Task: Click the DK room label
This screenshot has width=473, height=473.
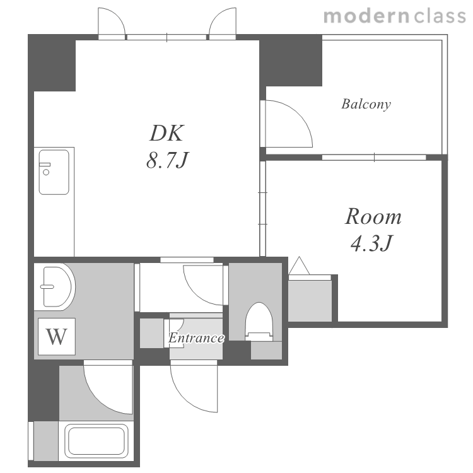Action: point(167,132)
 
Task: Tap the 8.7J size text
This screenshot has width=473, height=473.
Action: point(167,160)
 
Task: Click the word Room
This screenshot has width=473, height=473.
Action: point(373,216)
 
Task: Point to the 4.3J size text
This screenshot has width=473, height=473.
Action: point(371,243)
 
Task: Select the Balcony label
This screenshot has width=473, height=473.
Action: point(366,104)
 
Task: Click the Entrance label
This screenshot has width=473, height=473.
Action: point(196,337)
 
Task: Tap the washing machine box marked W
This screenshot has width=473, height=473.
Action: point(56,336)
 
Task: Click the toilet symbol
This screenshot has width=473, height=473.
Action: point(259,322)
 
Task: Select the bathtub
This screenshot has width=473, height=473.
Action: point(96,441)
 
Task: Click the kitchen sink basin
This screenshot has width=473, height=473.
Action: point(54,172)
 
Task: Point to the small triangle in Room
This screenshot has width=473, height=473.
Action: point(299,266)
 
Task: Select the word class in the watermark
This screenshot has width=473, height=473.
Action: point(440,16)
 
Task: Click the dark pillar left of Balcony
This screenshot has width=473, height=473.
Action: point(291,61)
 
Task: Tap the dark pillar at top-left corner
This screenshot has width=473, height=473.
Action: point(52,62)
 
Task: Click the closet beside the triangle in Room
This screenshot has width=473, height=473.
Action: point(310,301)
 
